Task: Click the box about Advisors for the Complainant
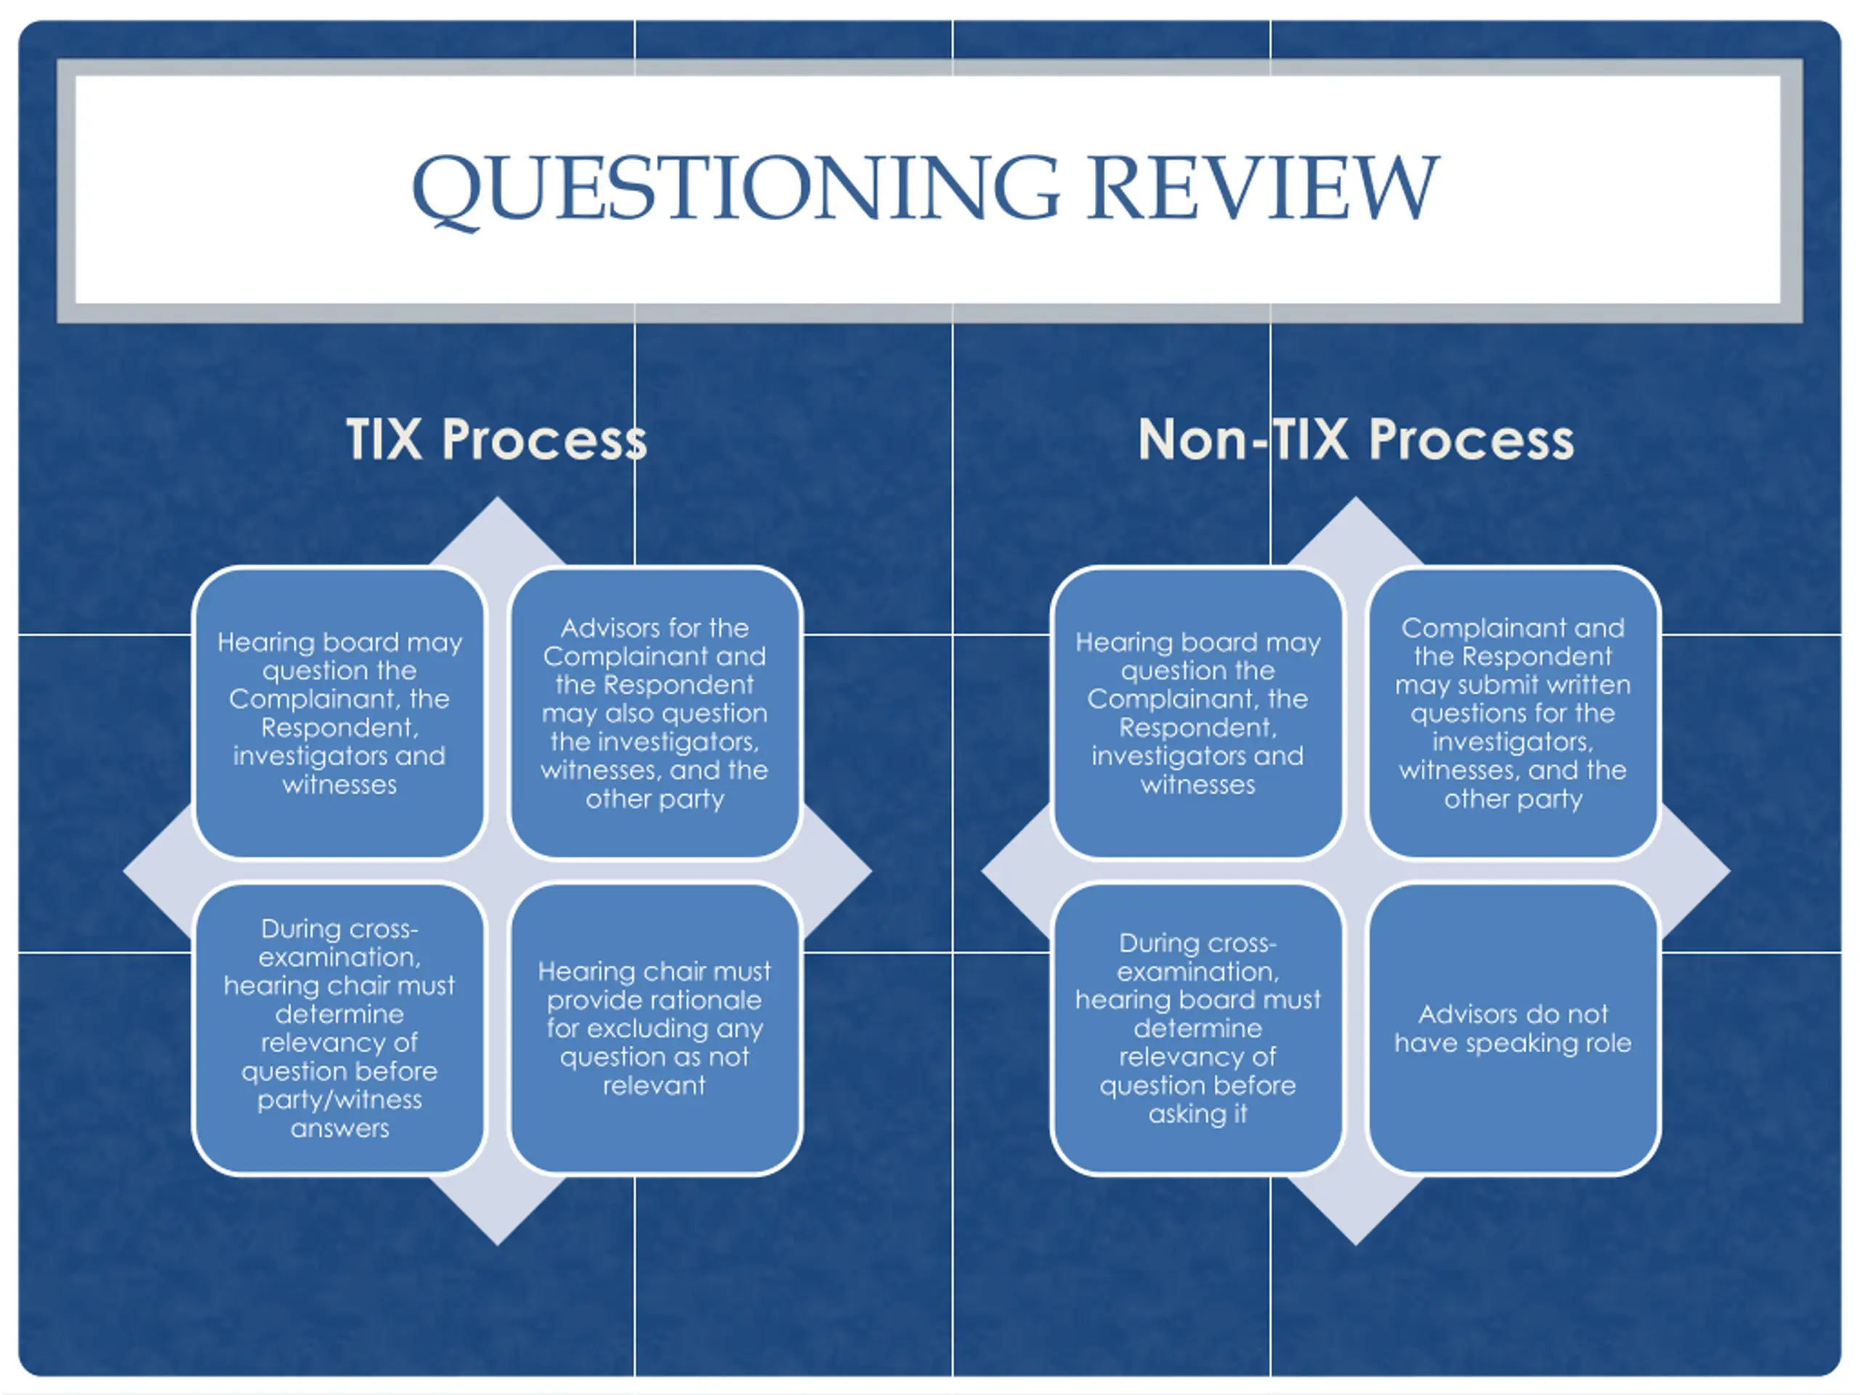tap(654, 712)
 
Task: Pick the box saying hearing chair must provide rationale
tap(654, 1027)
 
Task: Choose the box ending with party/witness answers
tap(339, 1027)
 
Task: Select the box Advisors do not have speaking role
tap(1512, 1027)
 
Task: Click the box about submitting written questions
tap(1512, 712)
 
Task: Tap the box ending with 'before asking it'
tap(1197, 1027)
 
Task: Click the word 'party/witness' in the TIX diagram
tap(339, 1099)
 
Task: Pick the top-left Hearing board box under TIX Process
tap(339, 712)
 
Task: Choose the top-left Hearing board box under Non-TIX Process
tap(1197, 712)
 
